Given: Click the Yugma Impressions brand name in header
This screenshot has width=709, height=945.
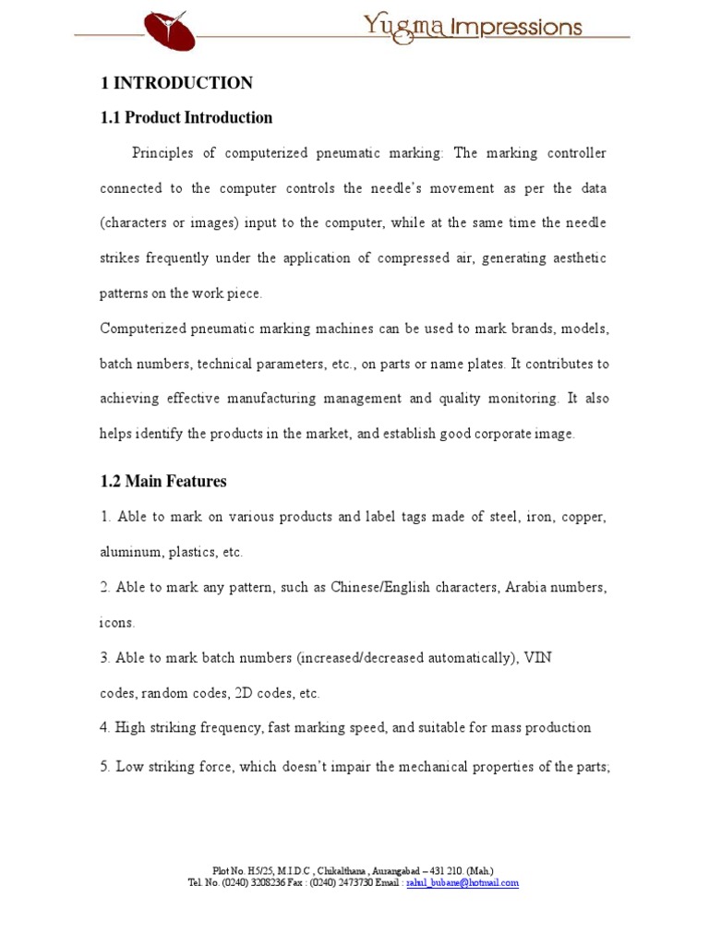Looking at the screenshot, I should click(x=473, y=26).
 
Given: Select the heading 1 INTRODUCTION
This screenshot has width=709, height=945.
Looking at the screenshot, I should click(x=176, y=83).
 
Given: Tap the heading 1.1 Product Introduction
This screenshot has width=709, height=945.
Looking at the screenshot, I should click(x=186, y=118).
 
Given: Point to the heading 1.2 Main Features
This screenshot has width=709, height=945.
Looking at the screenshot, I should click(x=163, y=482).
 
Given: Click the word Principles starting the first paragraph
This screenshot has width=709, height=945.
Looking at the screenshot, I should click(x=162, y=153).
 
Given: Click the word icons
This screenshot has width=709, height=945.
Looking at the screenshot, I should click(x=117, y=623).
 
